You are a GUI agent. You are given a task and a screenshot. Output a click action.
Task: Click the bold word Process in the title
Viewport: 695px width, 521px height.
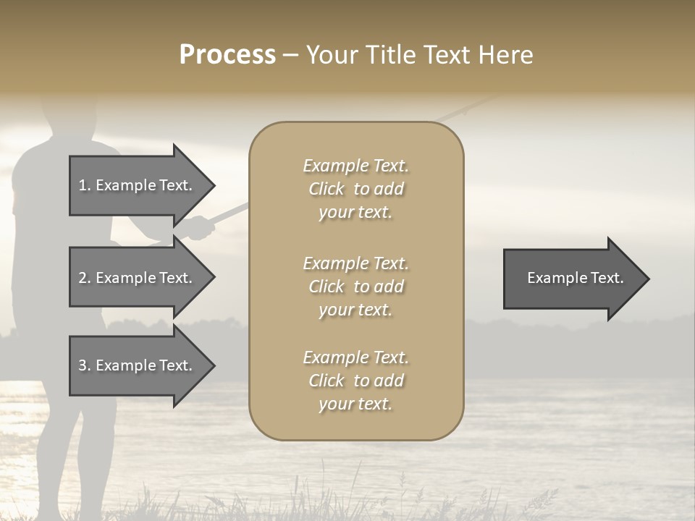pos(227,55)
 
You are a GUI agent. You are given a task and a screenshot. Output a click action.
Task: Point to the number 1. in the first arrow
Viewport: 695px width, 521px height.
pos(85,185)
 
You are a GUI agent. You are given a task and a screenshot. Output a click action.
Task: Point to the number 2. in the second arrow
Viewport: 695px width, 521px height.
pos(85,278)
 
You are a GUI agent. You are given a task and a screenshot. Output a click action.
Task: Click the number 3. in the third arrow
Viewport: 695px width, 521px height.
pos(85,365)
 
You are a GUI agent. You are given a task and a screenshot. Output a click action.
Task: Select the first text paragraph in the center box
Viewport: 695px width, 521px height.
pos(355,189)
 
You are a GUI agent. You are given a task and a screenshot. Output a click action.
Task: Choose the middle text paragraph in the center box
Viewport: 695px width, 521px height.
pos(355,287)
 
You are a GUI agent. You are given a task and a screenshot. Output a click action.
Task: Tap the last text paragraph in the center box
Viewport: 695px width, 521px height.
pos(355,381)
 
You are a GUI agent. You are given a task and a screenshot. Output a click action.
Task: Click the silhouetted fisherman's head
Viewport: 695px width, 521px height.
pos(68,119)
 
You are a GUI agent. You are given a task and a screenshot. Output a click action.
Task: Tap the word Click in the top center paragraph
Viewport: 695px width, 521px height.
pos(327,189)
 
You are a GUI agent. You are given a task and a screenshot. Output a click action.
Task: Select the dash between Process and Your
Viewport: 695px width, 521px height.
pos(290,56)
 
